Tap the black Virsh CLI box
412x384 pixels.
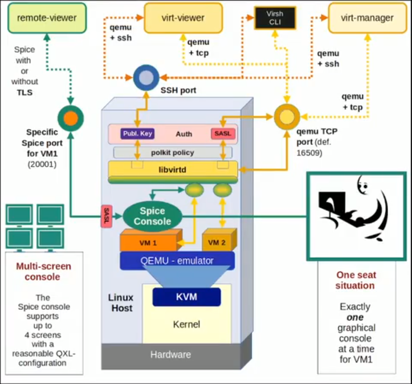click(275, 18)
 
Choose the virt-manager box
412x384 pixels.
click(367, 18)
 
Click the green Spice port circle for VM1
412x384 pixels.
click(70, 118)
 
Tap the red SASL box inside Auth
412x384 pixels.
click(223, 134)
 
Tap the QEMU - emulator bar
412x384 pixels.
click(177, 261)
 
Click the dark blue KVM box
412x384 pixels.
click(186, 297)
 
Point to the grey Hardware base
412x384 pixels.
click(172, 354)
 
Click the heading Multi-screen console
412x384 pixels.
click(43, 271)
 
